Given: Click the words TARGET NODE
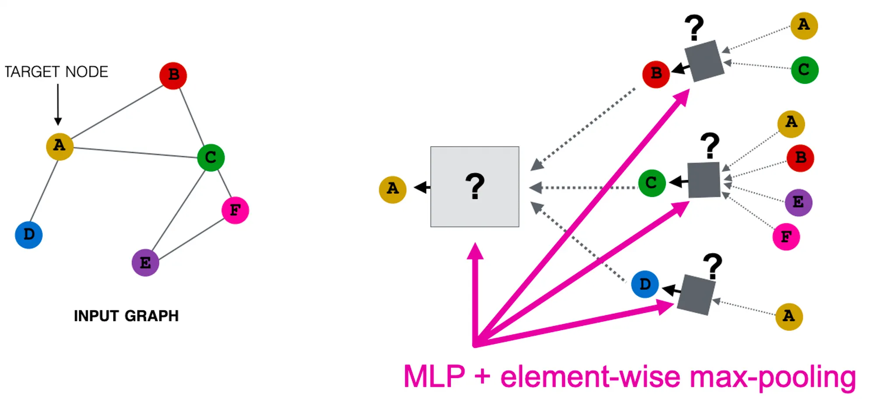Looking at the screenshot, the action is click(56, 72).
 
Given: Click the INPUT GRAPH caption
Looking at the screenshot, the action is click(126, 315).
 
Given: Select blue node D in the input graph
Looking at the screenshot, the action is click(29, 235).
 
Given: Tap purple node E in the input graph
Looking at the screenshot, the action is click(146, 263).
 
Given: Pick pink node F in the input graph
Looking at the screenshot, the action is click(236, 210).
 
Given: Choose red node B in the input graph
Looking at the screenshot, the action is click(173, 76).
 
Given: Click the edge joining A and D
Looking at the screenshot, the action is click(44, 191).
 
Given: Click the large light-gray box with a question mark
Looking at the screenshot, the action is click(475, 187).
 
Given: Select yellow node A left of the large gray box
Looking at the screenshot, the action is click(393, 189).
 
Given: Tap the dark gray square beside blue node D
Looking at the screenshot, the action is click(696, 295).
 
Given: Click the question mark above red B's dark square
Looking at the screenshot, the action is click(694, 28).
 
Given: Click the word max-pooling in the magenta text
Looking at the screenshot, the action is click(773, 377).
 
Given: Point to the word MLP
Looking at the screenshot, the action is click(434, 376).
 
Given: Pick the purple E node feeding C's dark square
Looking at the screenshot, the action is click(798, 203).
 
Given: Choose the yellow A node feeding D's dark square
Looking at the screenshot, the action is click(789, 316).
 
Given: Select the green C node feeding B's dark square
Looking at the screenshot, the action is click(805, 70).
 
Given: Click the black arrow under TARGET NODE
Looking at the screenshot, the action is click(58, 105).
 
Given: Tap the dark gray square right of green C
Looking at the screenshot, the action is click(704, 180).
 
